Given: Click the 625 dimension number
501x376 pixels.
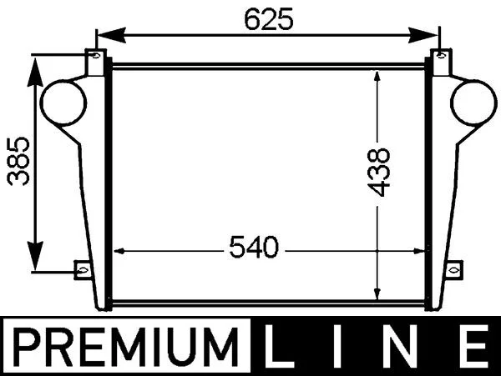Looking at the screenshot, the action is pos(268,19).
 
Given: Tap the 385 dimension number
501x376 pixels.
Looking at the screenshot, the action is pos(18,162).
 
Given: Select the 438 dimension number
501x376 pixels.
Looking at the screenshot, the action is pos(379,172).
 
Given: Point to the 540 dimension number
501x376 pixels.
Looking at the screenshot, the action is pos(254,247).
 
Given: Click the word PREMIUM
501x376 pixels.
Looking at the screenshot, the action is pos(126,347).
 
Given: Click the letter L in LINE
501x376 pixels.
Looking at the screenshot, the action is pos(278,346).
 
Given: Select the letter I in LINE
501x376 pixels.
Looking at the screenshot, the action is pos(338,346).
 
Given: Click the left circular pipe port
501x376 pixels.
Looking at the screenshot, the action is pos(64,103).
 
